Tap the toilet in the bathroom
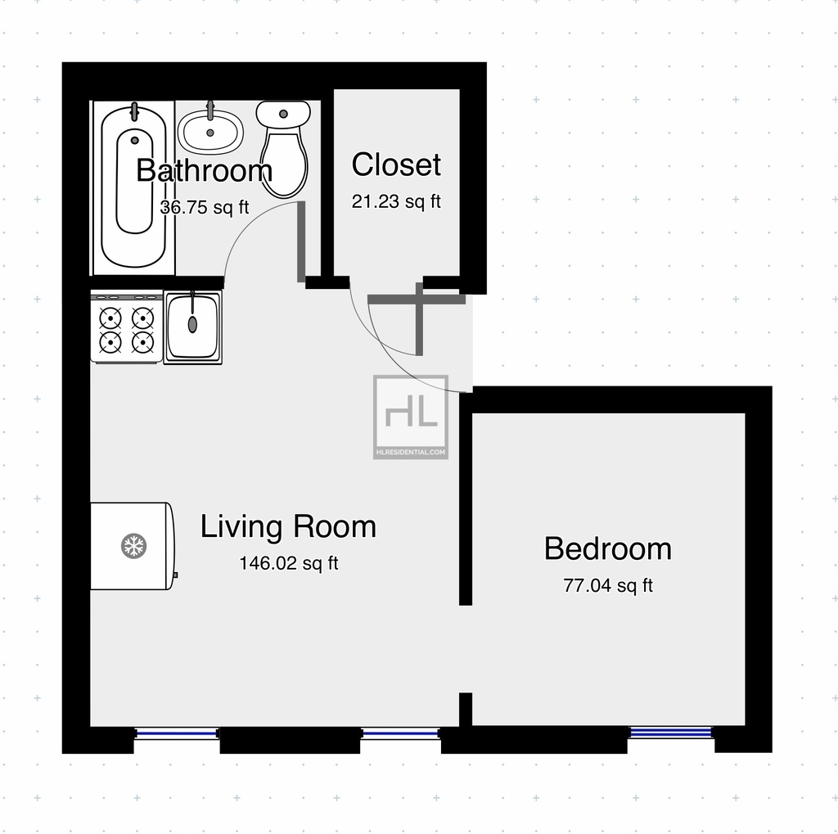(x=283, y=149)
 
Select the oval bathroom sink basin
(x=210, y=132)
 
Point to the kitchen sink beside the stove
(x=192, y=327)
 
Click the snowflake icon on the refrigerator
(x=133, y=546)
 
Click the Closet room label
(x=396, y=165)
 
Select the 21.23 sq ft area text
(x=396, y=201)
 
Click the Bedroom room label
(x=608, y=548)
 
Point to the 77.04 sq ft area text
(x=608, y=585)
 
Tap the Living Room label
(x=288, y=526)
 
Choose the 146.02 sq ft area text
(x=289, y=563)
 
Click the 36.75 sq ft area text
(x=205, y=207)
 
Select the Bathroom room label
(x=204, y=170)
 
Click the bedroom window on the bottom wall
(x=671, y=733)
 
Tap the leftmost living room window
(x=177, y=733)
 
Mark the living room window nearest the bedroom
(x=400, y=733)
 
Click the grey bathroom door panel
(x=301, y=241)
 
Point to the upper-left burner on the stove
(x=110, y=318)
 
